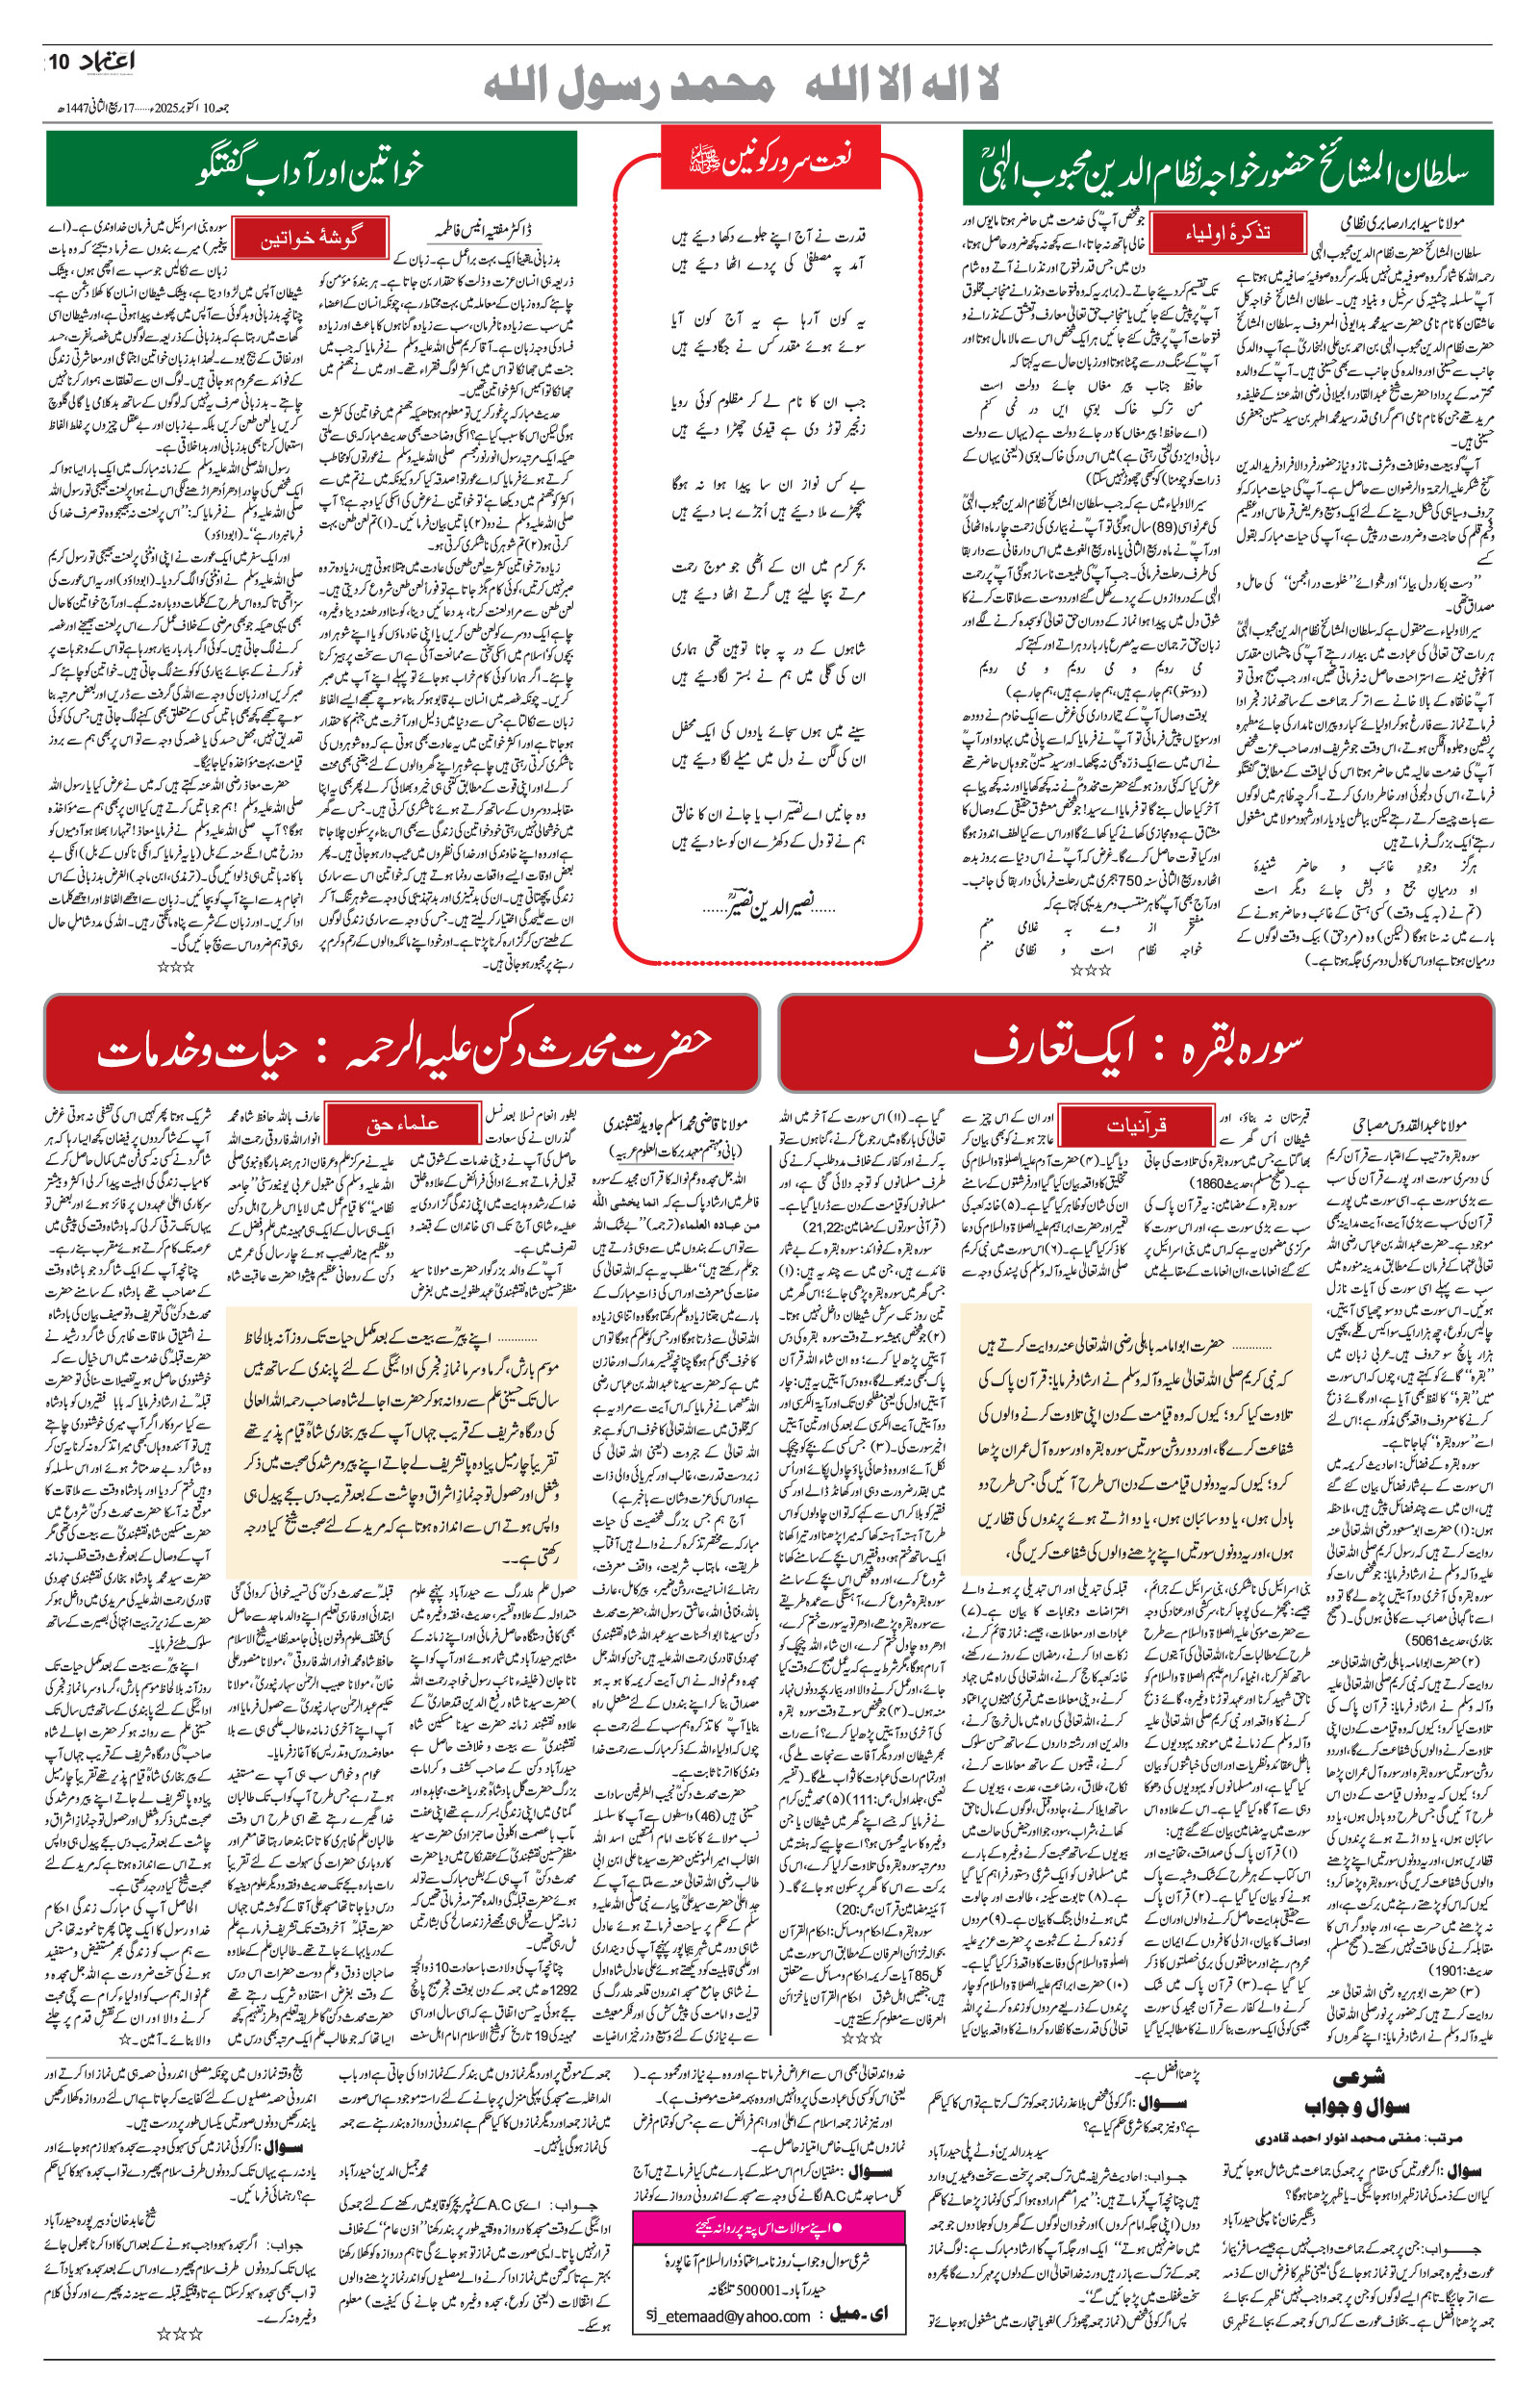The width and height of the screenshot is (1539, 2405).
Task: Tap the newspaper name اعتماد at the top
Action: click(x=106, y=62)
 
